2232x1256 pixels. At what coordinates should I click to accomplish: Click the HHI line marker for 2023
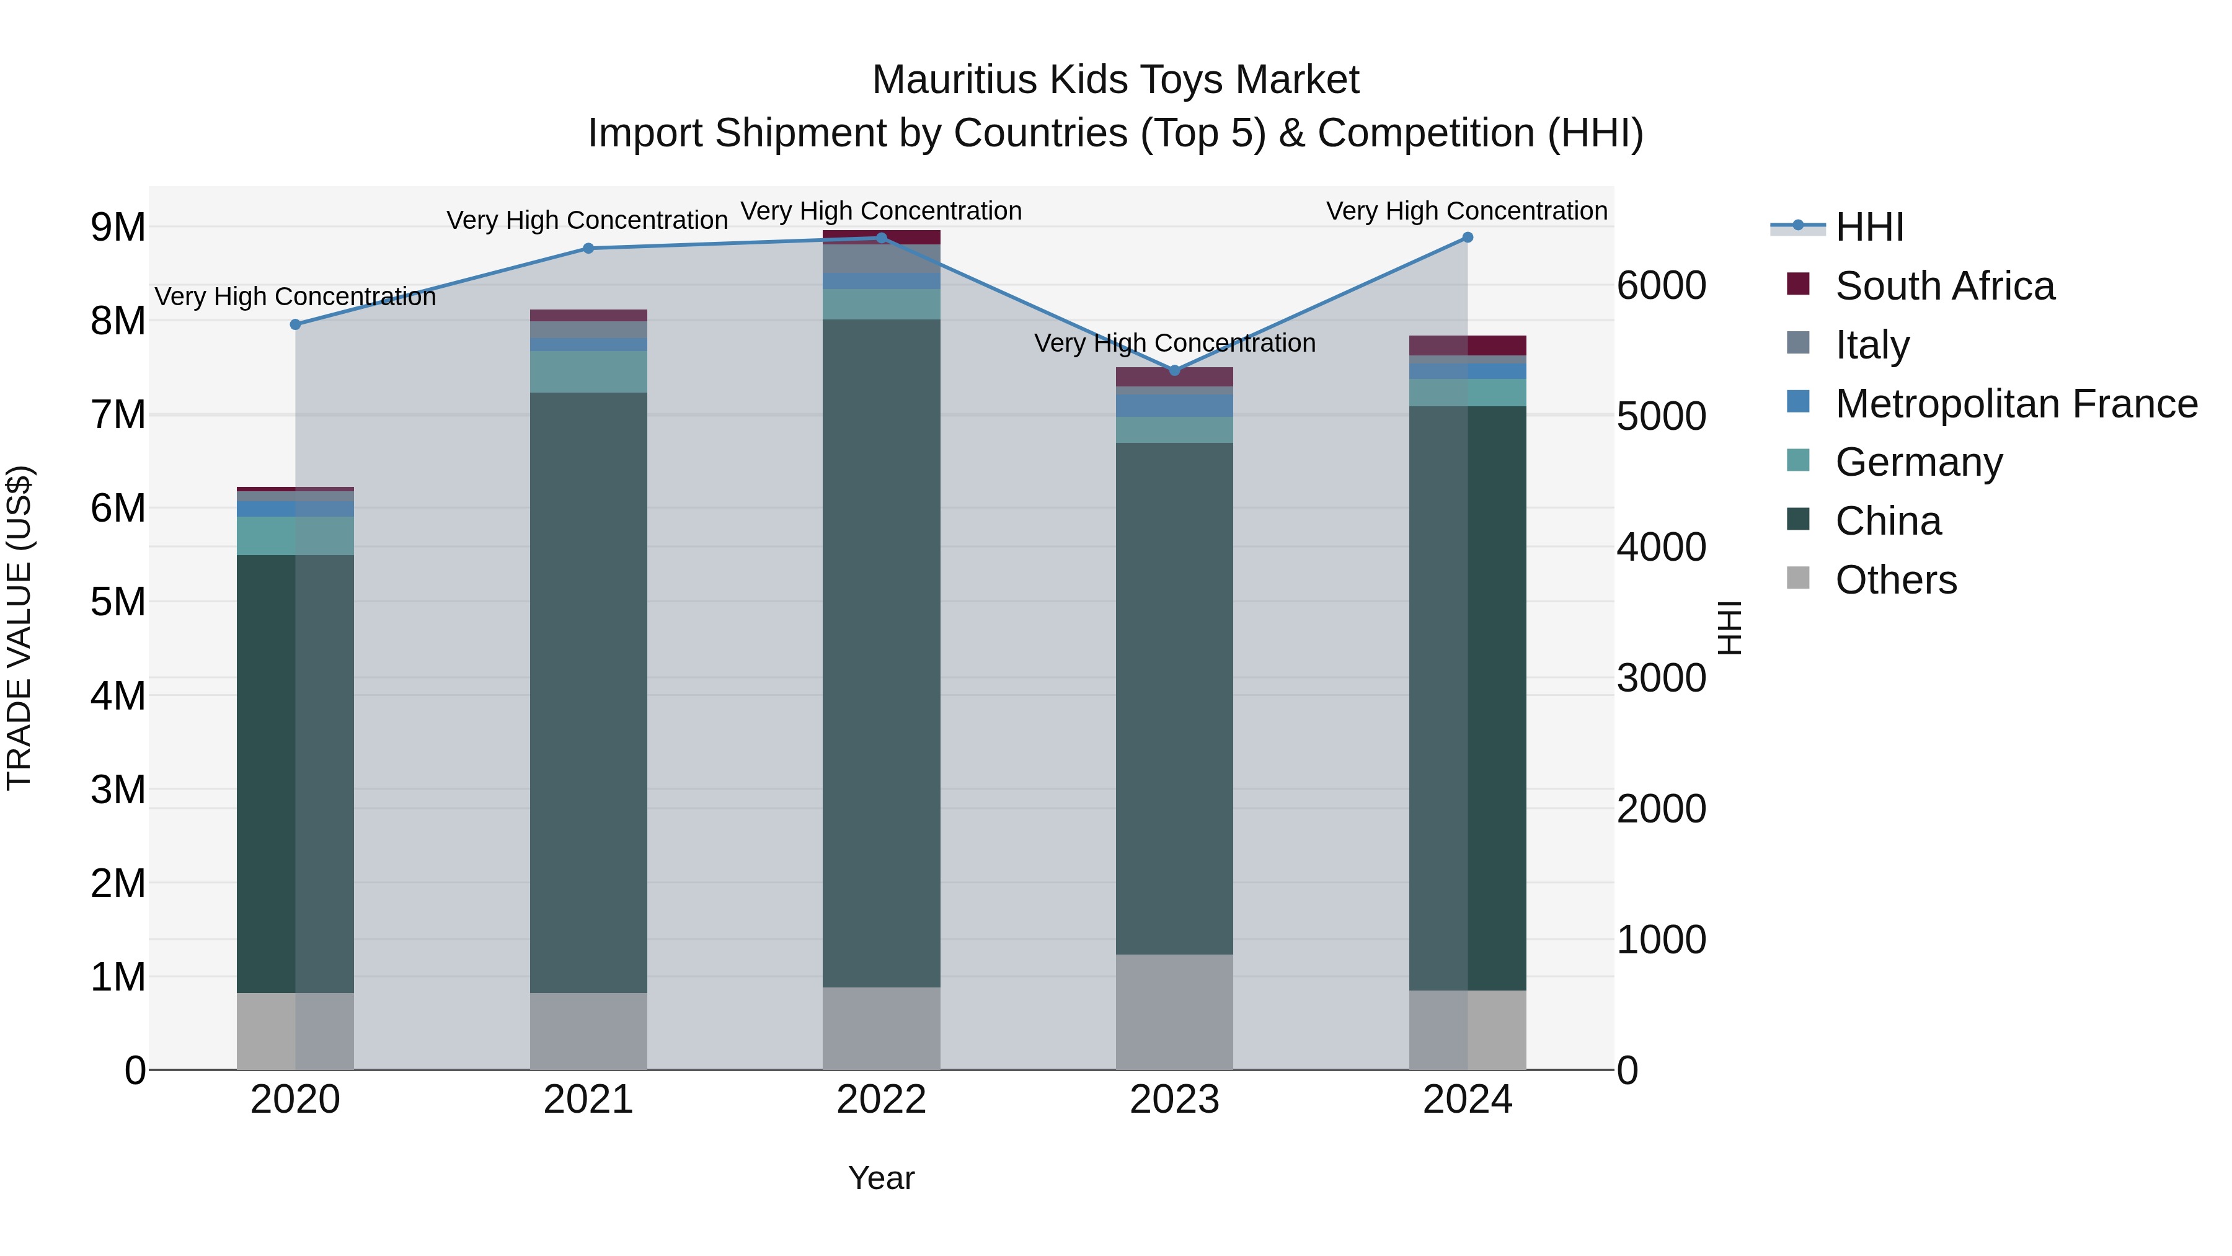point(1174,370)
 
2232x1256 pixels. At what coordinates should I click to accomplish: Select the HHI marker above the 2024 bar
point(1467,238)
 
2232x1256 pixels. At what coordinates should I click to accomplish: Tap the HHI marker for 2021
point(588,249)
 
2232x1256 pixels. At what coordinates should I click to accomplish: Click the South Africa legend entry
point(1944,286)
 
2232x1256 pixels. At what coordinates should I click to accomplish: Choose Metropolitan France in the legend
point(2016,404)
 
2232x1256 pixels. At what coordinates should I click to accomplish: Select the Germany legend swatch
point(1798,460)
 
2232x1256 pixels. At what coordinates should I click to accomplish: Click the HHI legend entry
point(1868,227)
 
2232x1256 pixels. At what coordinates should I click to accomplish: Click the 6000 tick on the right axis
point(1661,286)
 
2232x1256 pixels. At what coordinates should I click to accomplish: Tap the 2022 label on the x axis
point(881,1100)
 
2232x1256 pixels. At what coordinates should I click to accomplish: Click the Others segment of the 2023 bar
point(1174,1012)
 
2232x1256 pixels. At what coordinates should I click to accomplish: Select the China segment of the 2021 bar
point(588,693)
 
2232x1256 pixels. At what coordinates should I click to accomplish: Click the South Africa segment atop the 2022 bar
point(881,237)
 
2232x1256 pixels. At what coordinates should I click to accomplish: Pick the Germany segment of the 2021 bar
point(588,372)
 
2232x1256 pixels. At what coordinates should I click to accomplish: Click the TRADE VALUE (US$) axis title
point(19,628)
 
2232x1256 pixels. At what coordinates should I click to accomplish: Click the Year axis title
point(881,1178)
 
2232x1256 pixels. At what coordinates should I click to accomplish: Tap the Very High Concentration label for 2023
point(1174,343)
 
